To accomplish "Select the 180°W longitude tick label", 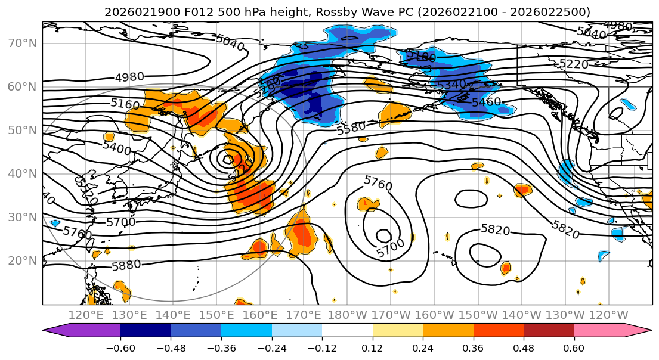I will (x=348, y=315).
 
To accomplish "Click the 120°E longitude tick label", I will (x=87, y=315).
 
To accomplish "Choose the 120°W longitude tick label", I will (x=608, y=315).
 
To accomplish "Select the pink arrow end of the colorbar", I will (x=638, y=330).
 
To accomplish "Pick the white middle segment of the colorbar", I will (x=347, y=330).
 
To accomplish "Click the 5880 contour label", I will (x=126, y=265).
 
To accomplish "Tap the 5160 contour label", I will (x=125, y=104).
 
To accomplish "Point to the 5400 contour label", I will (x=116, y=147).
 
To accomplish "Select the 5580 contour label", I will (x=351, y=128).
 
